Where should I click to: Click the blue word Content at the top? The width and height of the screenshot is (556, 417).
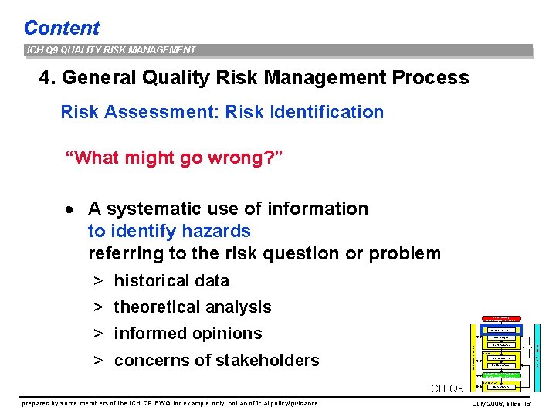tap(62, 28)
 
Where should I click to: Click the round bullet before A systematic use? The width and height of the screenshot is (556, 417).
tap(69, 209)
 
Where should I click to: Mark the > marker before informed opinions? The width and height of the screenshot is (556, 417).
tap(99, 334)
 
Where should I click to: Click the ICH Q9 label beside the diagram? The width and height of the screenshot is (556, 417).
tap(446, 388)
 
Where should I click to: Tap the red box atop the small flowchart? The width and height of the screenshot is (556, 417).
tap(501, 318)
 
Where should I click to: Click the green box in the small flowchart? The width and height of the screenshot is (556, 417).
tap(501, 375)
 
